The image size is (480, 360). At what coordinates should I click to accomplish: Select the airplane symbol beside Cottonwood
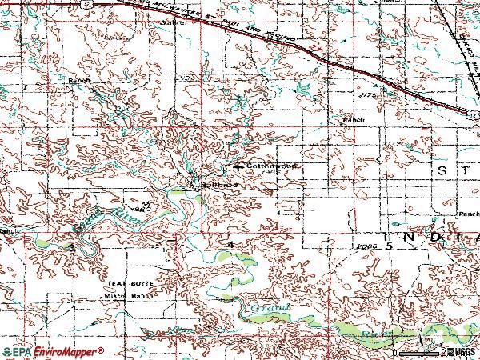click(x=238, y=166)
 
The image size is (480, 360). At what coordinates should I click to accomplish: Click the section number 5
click(x=389, y=248)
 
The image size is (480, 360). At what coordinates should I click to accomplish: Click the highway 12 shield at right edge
click(x=474, y=116)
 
